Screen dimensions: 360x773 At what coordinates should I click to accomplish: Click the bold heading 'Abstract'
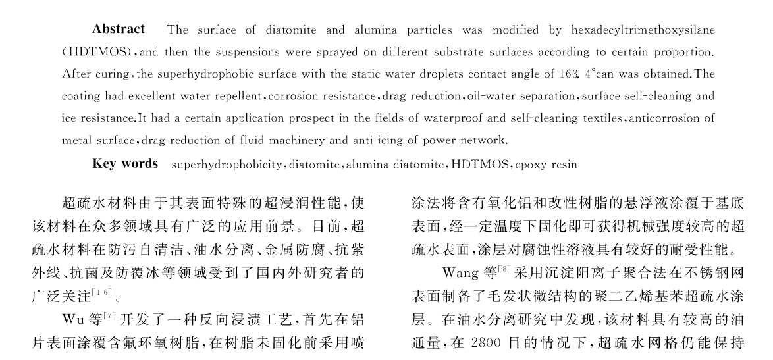pos(119,29)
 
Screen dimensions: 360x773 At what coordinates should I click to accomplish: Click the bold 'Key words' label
pos(125,163)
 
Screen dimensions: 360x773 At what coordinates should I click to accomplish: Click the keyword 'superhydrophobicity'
pos(214,164)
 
